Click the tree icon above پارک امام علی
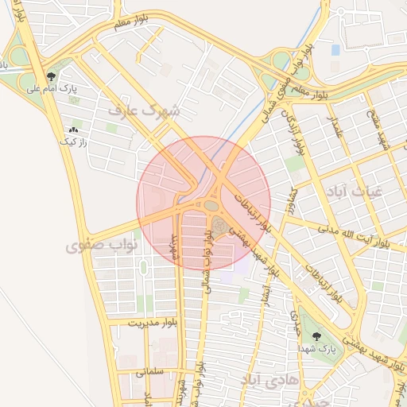point(52,76)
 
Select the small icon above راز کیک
point(74,129)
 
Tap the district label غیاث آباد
point(353,192)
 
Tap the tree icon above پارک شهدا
point(317,336)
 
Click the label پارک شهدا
point(317,349)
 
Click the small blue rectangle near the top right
point(335,49)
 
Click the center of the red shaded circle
point(203,203)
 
